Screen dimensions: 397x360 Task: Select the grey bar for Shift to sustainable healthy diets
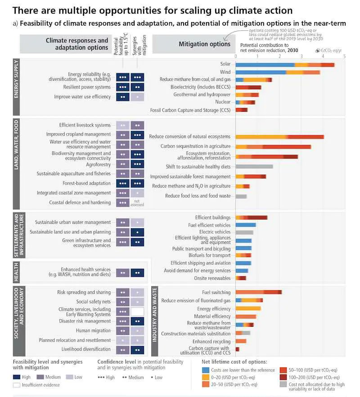[254, 167]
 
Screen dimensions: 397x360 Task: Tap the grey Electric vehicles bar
[244, 232]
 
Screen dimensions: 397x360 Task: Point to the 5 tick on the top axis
[344, 56]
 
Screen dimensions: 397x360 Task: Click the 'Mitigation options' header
[205, 44]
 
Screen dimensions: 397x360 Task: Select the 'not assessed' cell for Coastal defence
[138, 203]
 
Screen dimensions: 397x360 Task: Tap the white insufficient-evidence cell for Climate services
[138, 311]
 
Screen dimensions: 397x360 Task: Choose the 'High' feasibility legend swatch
[16, 377]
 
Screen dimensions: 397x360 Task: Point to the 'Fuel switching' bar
[258, 292]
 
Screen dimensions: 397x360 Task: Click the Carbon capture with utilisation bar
[237, 349]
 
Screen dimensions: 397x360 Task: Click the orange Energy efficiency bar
[248, 308]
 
